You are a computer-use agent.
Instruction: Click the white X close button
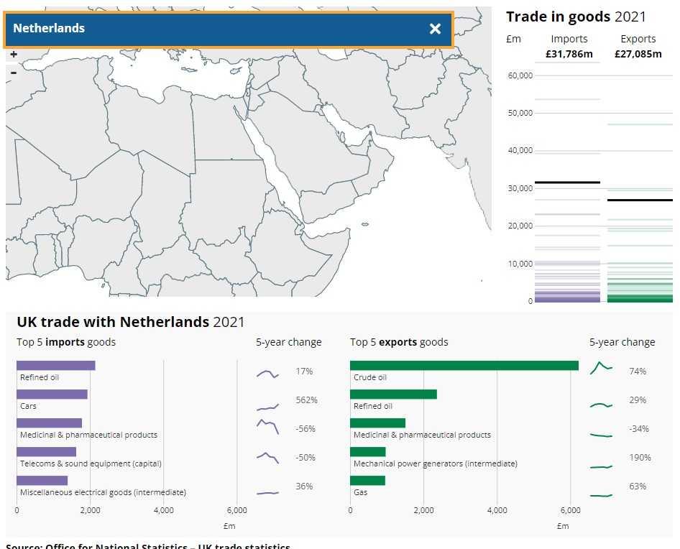tap(435, 29)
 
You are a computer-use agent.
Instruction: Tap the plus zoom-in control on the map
tap(14, 55)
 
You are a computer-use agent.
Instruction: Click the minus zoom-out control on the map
tap(14, 72)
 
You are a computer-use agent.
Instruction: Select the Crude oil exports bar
tap(464, 365)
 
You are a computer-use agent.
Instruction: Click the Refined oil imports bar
tap(55, 365)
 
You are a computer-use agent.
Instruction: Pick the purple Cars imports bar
tap(52, 394)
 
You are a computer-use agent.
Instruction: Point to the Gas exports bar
tap(367, 480)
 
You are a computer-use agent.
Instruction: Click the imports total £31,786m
tap(569, 54)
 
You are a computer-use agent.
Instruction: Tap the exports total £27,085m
tap(638, 54)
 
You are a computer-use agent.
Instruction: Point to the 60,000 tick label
tap(520, 75)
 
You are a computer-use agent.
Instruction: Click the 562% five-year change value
tap(306, 400)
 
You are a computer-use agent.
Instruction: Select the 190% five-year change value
tap(640, 458)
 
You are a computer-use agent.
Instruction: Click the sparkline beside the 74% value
tap(601, 368)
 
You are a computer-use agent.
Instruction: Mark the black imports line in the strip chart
tap(567, 183)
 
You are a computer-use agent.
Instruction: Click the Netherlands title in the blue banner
tap(49, 29)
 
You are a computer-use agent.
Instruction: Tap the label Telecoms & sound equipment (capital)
tap(91, 463)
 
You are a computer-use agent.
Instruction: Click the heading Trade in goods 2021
tap(576, 17)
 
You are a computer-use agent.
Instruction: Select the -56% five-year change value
tap(305, 429)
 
